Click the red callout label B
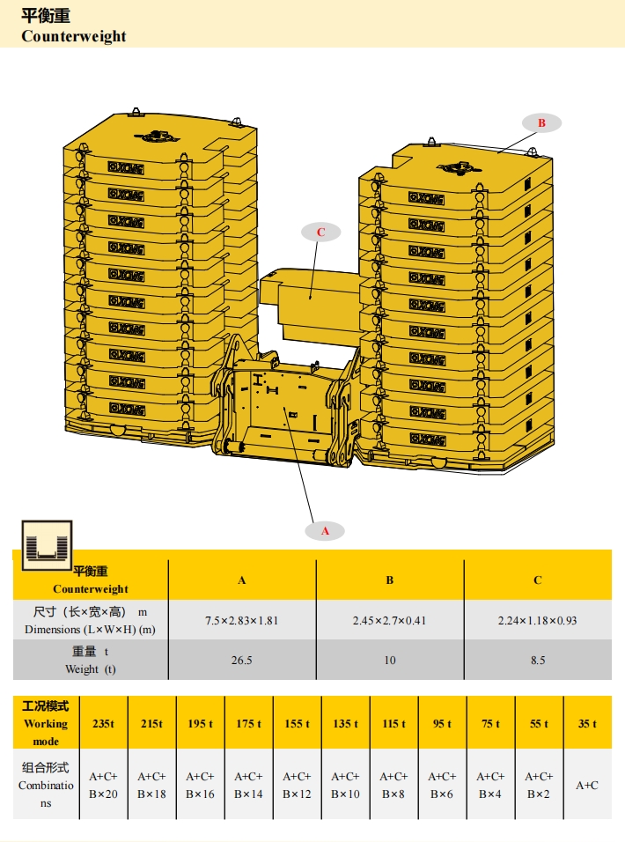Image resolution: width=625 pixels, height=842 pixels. (541, 123)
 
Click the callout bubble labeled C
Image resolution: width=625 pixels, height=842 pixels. (321, 233)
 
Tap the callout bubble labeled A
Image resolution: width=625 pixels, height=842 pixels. (325, 531)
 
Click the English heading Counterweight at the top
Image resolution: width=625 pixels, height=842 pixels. (74, 36)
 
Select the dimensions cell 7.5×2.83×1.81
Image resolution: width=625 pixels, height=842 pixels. (241, 620)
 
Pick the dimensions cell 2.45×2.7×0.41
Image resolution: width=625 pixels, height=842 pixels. (389, 620)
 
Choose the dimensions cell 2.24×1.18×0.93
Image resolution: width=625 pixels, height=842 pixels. (537, 620)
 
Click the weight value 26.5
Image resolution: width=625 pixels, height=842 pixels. (241, 660)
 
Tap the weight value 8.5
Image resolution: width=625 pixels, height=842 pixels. (537, 660)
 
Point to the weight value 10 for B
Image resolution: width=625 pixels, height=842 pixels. (389, 660)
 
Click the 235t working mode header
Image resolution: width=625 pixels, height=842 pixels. (103, 723)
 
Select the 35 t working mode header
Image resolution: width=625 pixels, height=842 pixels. (587, 723)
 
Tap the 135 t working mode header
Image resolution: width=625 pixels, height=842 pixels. (345, 723)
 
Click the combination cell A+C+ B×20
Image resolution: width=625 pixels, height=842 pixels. (103, 785)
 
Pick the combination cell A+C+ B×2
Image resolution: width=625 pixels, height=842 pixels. (539, 785)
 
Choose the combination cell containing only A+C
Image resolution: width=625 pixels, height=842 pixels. (587, 785)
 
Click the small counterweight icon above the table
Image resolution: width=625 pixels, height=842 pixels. (48, 543)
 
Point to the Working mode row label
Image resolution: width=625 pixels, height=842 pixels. (45, 723)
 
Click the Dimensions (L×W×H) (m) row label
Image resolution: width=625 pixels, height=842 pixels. (89, 620)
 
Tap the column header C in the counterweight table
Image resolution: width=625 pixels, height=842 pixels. (537, 580)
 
